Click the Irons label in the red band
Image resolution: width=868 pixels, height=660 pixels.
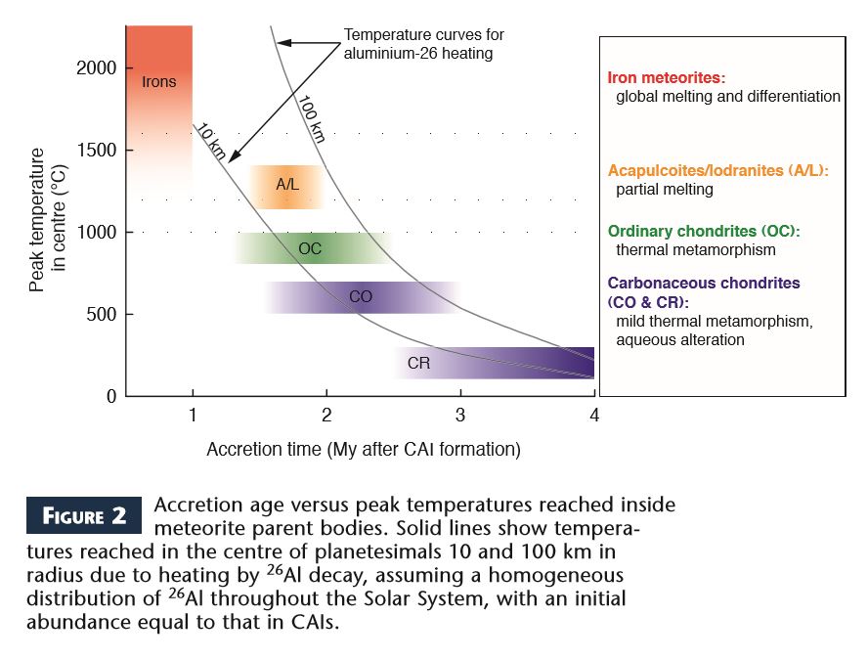pos(159,81)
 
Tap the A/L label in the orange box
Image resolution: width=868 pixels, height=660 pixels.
pos(286,184)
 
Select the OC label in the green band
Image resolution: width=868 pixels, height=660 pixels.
pos(310,248)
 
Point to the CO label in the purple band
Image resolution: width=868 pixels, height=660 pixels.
pos(361,296)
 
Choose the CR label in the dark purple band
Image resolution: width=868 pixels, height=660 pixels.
pos(418,364)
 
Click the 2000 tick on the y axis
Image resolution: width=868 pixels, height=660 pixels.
pos(97,68)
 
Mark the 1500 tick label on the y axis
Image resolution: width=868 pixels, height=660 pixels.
pos(97,151)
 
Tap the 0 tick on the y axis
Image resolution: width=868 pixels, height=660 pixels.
pos(112,396)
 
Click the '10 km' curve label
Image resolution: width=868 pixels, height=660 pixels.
pos(211,144)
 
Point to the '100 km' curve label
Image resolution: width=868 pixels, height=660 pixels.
pos(312,117)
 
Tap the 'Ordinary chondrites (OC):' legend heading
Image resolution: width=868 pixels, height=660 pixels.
pos(704,231)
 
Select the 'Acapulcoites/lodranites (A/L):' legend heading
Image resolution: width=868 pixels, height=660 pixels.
pos(718,170)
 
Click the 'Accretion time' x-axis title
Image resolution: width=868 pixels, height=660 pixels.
pos(363,450)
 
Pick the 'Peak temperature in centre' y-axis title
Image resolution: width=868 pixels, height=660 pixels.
pos(49,220)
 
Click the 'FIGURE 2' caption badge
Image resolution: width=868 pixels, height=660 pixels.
pos(84,516)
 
